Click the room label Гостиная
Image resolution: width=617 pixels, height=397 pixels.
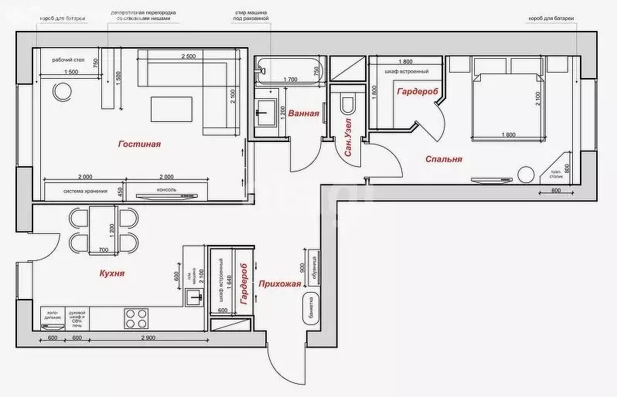tap(139, 144)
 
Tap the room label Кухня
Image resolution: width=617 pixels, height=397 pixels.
tap(112, 273)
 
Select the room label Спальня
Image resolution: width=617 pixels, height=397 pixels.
tap(444, 159)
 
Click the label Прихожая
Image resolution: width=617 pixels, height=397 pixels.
tap(280, 283)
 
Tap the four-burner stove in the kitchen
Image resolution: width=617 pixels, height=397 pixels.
tap(137, 317)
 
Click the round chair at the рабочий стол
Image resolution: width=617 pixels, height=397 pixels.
tap(62, 93)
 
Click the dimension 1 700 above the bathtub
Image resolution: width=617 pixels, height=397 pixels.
tap(291, 80)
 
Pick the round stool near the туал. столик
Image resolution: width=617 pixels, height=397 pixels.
tap(527, 175)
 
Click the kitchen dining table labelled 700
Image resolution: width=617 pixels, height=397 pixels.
tap(102, 229)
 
